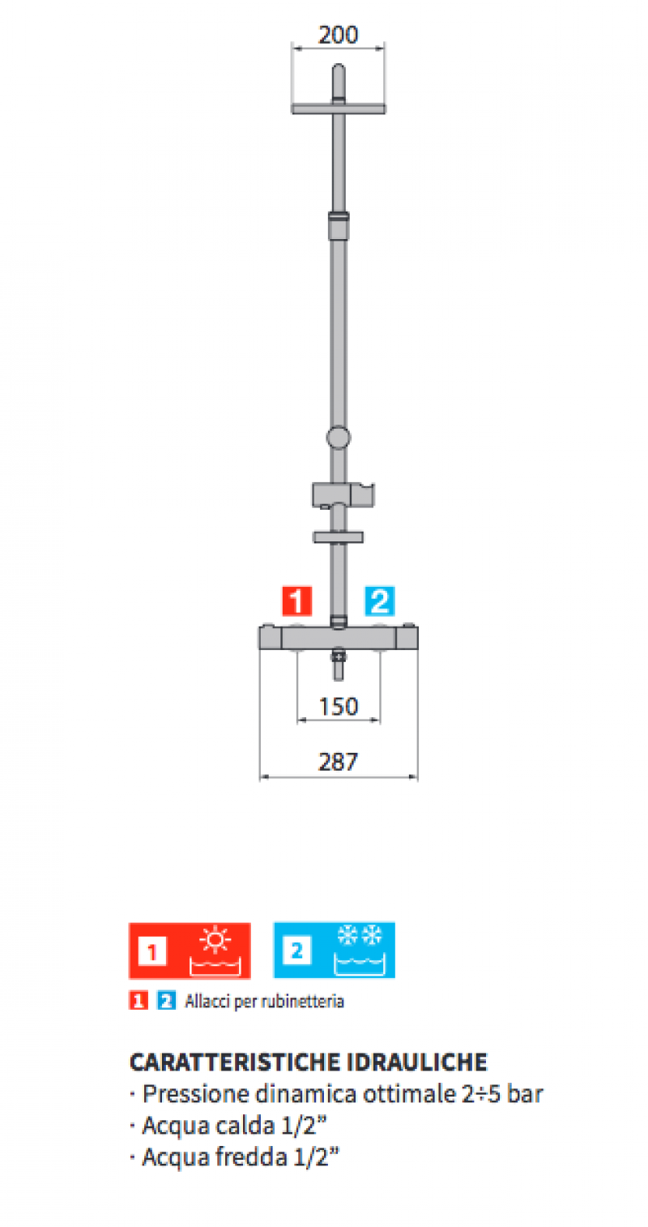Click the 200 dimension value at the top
[x=339, y=35]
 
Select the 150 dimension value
[x=339, y=706]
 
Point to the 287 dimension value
[x=339, y=761]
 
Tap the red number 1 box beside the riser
[x=296, y=601]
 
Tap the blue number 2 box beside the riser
[x=379, y=601]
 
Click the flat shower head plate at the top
[x=339, y=109]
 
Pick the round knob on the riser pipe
[x=339, y=438]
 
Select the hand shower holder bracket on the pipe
[x=343, y=495]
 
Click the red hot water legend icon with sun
[x=190, y=951]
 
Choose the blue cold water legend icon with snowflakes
[x=334, y=951]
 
